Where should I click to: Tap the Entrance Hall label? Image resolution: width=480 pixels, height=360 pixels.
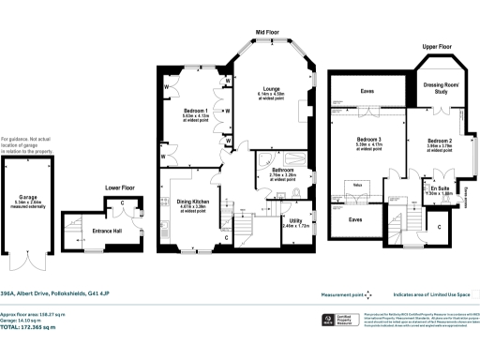tap(109, 231)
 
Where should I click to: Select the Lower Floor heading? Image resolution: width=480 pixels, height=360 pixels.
tap(119, 187)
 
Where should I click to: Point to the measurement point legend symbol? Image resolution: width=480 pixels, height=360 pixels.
tap(368, 292)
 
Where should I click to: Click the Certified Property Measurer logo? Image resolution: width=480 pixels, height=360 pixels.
tap(329, 320)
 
